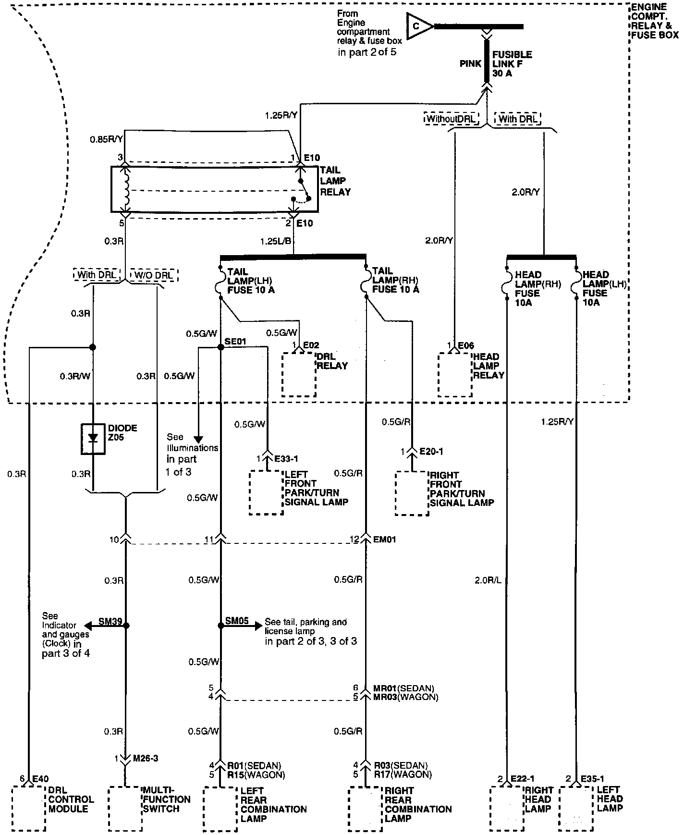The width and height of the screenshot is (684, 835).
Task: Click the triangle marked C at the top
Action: (419, 26)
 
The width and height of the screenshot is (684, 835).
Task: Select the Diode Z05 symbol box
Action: (93, 439)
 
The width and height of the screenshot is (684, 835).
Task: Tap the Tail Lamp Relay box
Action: (214, 189)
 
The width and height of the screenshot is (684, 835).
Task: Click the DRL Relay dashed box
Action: (299, 375)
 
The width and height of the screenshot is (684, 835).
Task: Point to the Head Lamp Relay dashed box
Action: (454, 375)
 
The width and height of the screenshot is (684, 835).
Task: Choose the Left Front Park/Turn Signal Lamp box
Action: (266, 493)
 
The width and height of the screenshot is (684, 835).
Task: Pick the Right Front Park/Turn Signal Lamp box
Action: (412, 493)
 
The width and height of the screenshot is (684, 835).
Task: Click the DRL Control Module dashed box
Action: (28, 809)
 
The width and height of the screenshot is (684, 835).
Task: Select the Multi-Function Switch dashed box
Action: (125, 809)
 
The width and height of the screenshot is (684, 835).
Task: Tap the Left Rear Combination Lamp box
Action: (220, 809)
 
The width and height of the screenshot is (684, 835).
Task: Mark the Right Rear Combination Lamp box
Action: (366, 809)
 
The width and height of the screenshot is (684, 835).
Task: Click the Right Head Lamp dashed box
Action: (506, 809)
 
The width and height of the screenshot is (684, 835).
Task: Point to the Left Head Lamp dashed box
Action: (576, 809)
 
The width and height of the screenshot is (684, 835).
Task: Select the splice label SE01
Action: (235, 341)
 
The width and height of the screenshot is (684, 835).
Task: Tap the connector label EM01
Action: (385, 540)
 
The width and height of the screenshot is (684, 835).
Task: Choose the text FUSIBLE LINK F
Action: (512, 59)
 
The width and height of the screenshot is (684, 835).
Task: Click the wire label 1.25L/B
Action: (276, 240)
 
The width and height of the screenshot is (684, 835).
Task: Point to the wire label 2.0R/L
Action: (488, 580)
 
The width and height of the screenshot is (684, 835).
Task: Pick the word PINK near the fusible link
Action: (471, 63)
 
